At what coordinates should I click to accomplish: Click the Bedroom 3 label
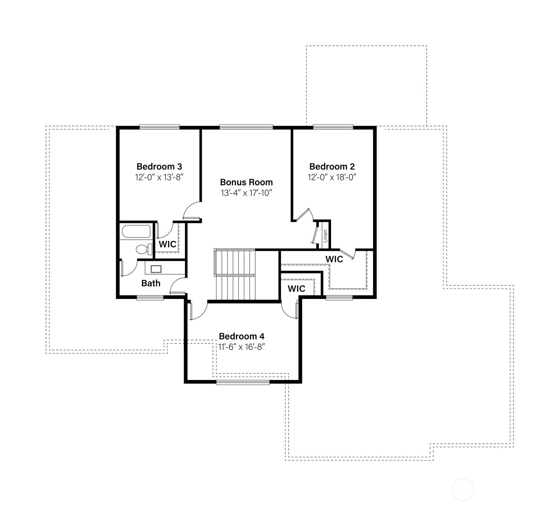click(x=159, y=167)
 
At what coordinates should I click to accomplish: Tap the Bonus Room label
click(x=246, y=182)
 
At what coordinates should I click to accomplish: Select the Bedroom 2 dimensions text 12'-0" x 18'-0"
click(x=332, y=177)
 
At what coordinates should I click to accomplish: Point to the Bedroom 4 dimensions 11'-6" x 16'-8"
click(x=241, y=347)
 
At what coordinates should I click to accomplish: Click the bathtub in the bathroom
click(x=136, y=231)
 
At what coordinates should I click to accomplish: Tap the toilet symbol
click(x=144, y=249)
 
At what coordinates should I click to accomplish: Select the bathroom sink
click(x=156, y=269)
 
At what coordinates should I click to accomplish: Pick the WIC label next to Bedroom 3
click(x=168, y=244)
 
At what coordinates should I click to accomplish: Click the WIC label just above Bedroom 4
click(x=297, y=289)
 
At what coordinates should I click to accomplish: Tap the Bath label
click(x=151, y=283)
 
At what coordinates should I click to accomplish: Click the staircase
click(x=235, y=274)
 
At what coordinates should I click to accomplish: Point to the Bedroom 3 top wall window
click(x=159, y=127)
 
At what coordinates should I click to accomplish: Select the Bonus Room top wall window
click(x=246, y=127)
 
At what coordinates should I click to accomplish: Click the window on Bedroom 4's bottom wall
click(x=243, y=382)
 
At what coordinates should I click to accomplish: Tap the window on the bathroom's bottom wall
click(x=150, y=298)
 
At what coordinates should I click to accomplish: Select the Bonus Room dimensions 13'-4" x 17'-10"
click(x=246, y=193)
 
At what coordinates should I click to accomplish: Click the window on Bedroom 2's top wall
click(x=333, y=127)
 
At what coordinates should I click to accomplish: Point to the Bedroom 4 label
click(x=242, y=336)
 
